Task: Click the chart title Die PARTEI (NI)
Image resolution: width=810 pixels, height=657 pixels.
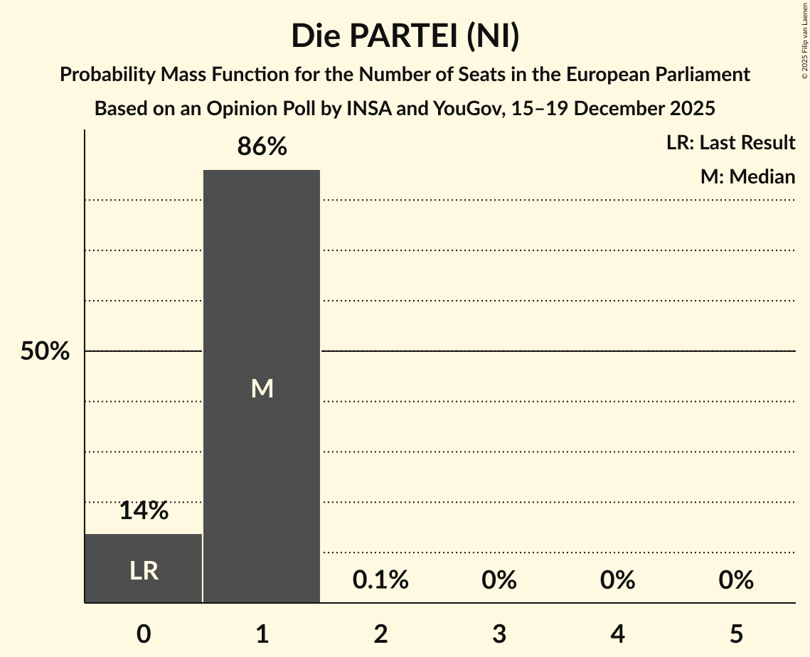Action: [405, 36]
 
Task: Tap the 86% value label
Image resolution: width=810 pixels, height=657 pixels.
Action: [262, 147]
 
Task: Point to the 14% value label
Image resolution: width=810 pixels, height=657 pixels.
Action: [144, 511]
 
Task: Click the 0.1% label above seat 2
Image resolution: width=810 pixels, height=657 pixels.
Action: [380, 580]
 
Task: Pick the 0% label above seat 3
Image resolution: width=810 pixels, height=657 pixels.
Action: [499, 580]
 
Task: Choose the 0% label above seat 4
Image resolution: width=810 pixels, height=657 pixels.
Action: [617, 580]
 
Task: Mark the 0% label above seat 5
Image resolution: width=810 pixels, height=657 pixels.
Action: [735, 580]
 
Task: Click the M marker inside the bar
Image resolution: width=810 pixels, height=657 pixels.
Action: [262, 388]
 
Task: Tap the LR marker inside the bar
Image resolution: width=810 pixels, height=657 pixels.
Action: [144, 570]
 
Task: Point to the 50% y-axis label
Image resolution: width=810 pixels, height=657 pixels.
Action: [45, 351]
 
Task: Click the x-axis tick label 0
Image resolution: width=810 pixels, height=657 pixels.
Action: [144, 634]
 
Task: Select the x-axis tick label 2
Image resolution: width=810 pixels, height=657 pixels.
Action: [380, 634]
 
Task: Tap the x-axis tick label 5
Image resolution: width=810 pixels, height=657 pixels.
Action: [735, 634]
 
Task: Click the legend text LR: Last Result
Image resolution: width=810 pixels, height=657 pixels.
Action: [730, 143]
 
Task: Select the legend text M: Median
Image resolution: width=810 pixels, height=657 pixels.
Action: [747, 176]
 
